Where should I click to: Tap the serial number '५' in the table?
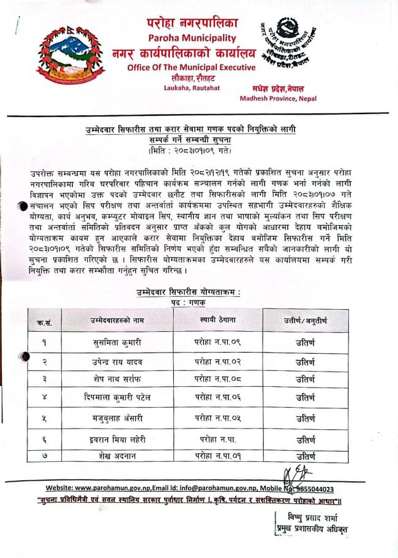(x=44, y=419)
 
